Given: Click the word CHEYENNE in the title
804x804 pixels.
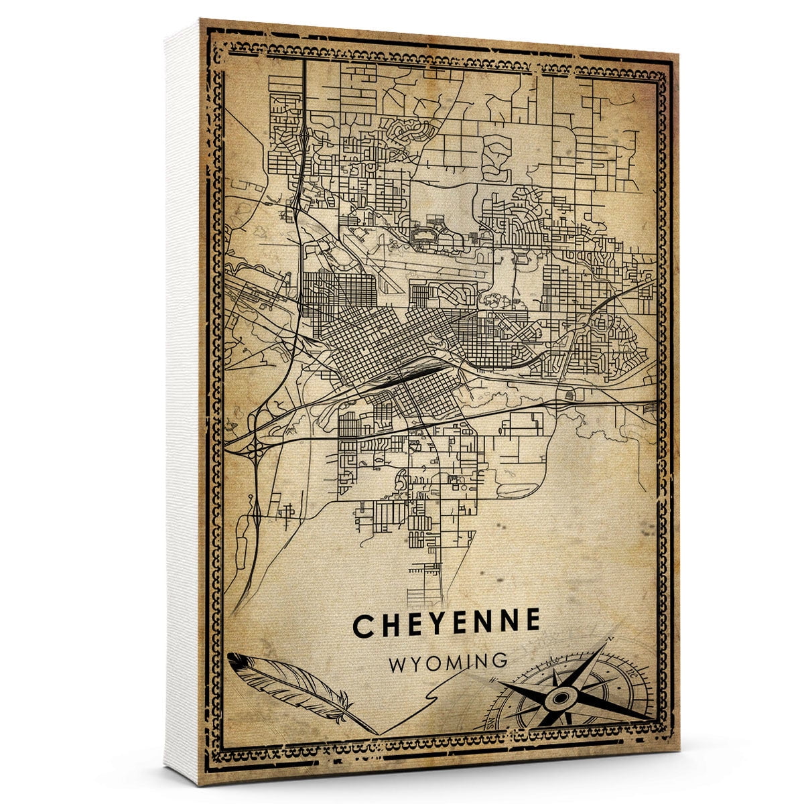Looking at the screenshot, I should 446,623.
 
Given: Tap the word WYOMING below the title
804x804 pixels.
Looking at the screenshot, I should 448,662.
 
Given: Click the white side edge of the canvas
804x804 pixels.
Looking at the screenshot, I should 182,402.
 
